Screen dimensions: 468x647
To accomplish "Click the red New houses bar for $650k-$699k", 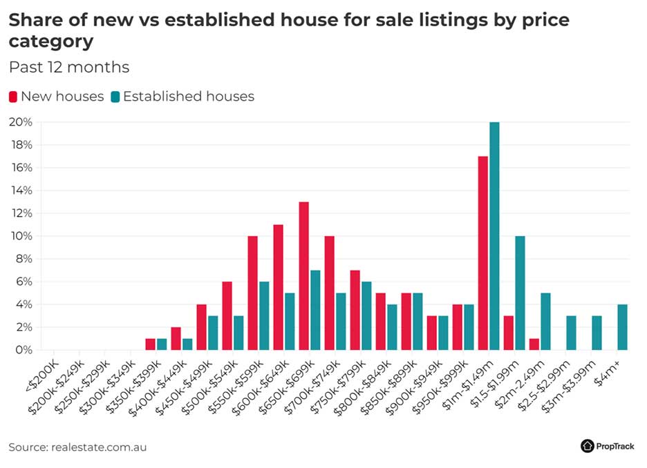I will click(303, 276).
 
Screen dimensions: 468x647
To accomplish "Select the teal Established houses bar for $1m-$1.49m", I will click(494, 236).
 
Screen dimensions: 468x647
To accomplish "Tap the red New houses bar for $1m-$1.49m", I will click(482, 253).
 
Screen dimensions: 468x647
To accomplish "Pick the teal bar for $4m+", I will click(622, 327).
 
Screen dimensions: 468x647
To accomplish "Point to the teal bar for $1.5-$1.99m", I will click(520, 293).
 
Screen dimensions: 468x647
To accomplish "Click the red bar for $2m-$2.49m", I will click(534, 344).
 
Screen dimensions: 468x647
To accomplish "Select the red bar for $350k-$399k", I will click(150, 344).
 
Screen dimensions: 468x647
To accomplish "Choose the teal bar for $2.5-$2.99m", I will click(571, 333).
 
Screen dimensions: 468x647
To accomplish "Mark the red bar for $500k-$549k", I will click(227, 315).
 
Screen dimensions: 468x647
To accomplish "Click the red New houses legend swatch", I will click(13, 97).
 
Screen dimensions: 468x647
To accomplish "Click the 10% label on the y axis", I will click(20, 236).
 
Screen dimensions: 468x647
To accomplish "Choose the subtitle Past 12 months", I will click(69, 68).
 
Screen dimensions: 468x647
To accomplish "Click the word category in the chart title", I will click(50, 41).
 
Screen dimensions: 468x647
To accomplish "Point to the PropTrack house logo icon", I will click(588, 446).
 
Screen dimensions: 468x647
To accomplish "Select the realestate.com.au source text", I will click(99, 447).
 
